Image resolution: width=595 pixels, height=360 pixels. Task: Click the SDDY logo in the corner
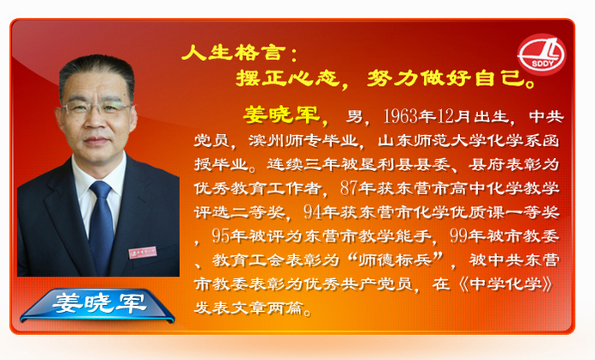coord(542,54)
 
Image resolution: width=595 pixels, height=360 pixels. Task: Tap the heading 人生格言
coord(233,52)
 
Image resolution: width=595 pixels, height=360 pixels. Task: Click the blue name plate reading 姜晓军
coord(98,304)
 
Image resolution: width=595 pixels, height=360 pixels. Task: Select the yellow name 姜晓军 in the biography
coord(281,114)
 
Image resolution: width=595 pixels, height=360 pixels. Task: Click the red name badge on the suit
coord(143,253)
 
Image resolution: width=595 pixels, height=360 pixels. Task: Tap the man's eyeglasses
coord(95,108)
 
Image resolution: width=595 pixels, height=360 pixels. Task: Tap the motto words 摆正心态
coord(288,78)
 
